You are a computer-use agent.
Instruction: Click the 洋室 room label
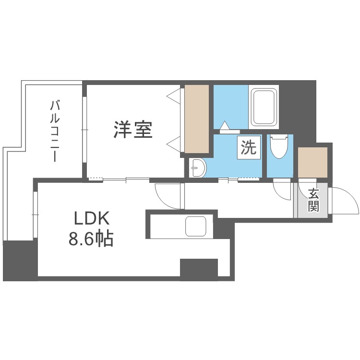point(133,130)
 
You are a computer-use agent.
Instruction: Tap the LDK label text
point(92,219)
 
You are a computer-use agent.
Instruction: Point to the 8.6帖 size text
point(91,239)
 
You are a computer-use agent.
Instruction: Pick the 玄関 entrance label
point(313,200)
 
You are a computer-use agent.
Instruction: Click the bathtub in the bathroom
point(264,107)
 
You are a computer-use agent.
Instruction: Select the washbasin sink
point(198,168)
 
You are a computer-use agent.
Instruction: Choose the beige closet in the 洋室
point(197,120)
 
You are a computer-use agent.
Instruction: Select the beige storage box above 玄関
point(312,162)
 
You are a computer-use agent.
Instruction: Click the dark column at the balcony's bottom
point(20,260)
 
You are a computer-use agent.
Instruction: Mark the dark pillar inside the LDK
point(199,267)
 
